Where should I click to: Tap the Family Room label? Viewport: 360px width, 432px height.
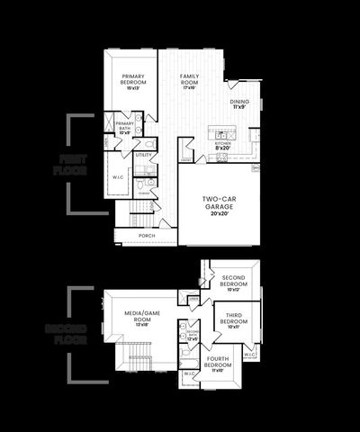coord(189,79)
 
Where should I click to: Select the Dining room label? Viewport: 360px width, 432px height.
coord(239,104)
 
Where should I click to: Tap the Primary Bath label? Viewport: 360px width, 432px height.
coord(124,128)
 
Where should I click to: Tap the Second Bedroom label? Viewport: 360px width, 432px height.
coord(233,282)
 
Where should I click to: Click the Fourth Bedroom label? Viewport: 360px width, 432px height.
coord(217,364)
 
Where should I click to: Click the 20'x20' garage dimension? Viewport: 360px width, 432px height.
coord(219,214)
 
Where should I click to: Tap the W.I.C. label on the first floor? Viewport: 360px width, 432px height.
coord(118,177)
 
